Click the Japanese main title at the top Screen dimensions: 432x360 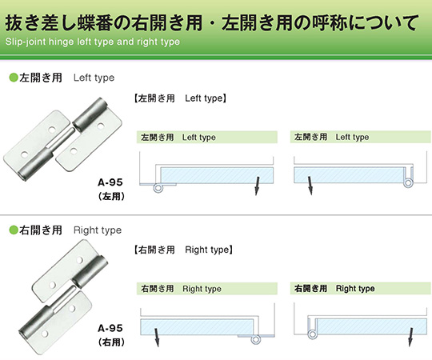(211, 22)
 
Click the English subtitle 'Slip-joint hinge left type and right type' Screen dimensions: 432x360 (93, 42)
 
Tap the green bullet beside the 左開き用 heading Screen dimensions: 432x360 (14, 78)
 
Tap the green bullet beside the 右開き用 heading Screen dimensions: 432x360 (14, 230)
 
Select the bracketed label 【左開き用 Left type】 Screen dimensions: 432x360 (180, 98)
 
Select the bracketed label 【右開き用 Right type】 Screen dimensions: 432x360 (183, 250)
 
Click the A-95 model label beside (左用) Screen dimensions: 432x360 (110, 182)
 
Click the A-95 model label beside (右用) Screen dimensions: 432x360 (110, 328)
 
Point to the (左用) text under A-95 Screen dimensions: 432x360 (111, 196)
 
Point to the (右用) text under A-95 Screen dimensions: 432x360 (111, 342)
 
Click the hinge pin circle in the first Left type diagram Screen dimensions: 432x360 (158, 188)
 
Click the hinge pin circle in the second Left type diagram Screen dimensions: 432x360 (408, 183)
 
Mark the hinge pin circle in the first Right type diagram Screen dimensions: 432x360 (256, 339)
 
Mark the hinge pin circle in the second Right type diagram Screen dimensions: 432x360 (312, 334)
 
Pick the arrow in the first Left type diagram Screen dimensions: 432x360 (258, 186)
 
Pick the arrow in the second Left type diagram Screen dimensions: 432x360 (310, 186)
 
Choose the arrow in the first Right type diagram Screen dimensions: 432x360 (157, 338)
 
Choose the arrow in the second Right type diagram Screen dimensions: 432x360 (410, 337)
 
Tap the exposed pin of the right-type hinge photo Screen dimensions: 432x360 (65, 298)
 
